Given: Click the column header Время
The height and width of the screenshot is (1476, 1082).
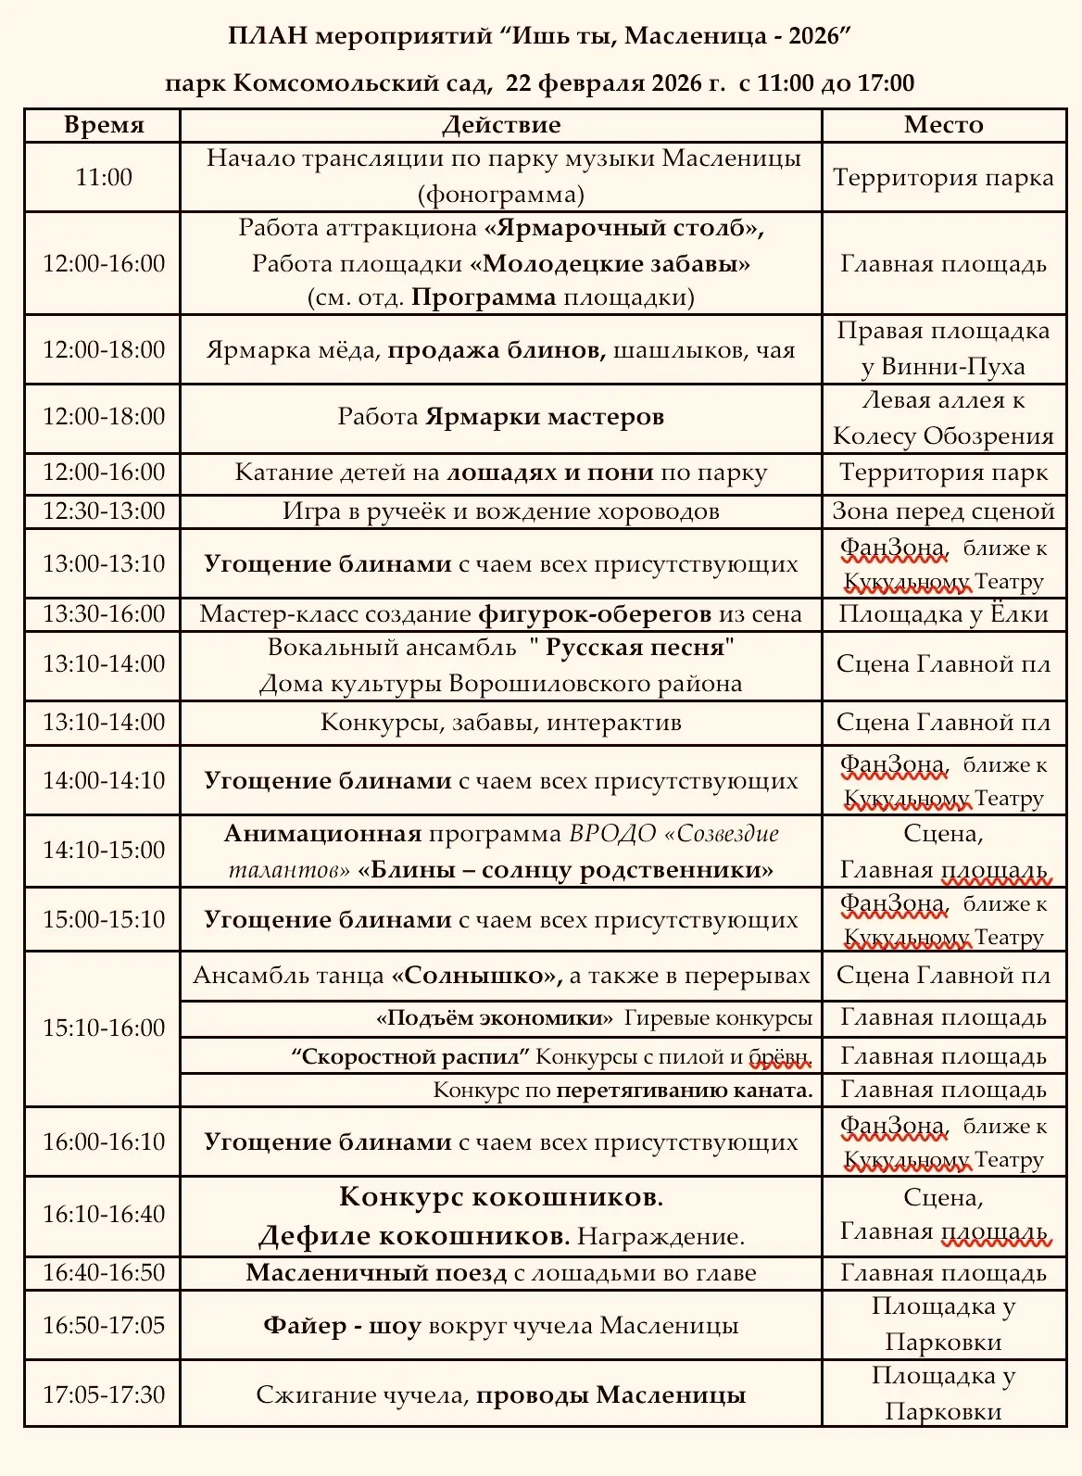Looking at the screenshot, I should [103, 125].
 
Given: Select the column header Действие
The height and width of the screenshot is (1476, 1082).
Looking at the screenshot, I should [500, 125].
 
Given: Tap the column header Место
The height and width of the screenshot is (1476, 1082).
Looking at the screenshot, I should [943, 125].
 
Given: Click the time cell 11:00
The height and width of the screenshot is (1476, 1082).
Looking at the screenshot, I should [103, 177].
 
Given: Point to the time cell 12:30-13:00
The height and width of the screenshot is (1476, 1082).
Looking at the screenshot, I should [103, 511].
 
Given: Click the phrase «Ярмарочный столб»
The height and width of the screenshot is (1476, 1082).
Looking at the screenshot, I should [623, 228].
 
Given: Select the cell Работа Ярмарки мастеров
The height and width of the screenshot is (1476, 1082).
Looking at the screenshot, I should [500, 417].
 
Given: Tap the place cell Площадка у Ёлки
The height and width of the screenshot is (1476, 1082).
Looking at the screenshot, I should [943, 613].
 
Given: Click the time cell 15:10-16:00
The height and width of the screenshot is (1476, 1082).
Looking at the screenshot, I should [103, 1028].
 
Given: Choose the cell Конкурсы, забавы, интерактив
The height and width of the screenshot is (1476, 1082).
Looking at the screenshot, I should [500, 723].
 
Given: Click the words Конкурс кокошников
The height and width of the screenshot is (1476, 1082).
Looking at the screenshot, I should [500, 1197].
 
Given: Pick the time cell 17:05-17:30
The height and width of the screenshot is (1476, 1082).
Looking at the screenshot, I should [103, 1394].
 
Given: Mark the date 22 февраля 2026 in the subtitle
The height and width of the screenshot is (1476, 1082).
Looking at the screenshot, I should [615, 83].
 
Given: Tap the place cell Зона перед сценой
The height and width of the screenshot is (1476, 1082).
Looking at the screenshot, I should [943, 511].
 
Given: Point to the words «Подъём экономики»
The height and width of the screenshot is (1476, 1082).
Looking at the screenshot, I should [494, 1018].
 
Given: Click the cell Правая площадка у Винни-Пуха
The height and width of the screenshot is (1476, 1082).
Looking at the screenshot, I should [943, 349].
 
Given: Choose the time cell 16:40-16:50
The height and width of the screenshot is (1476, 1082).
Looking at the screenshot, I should [103, 1273].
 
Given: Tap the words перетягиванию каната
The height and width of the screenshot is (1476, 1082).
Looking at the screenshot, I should [684, 1091].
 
